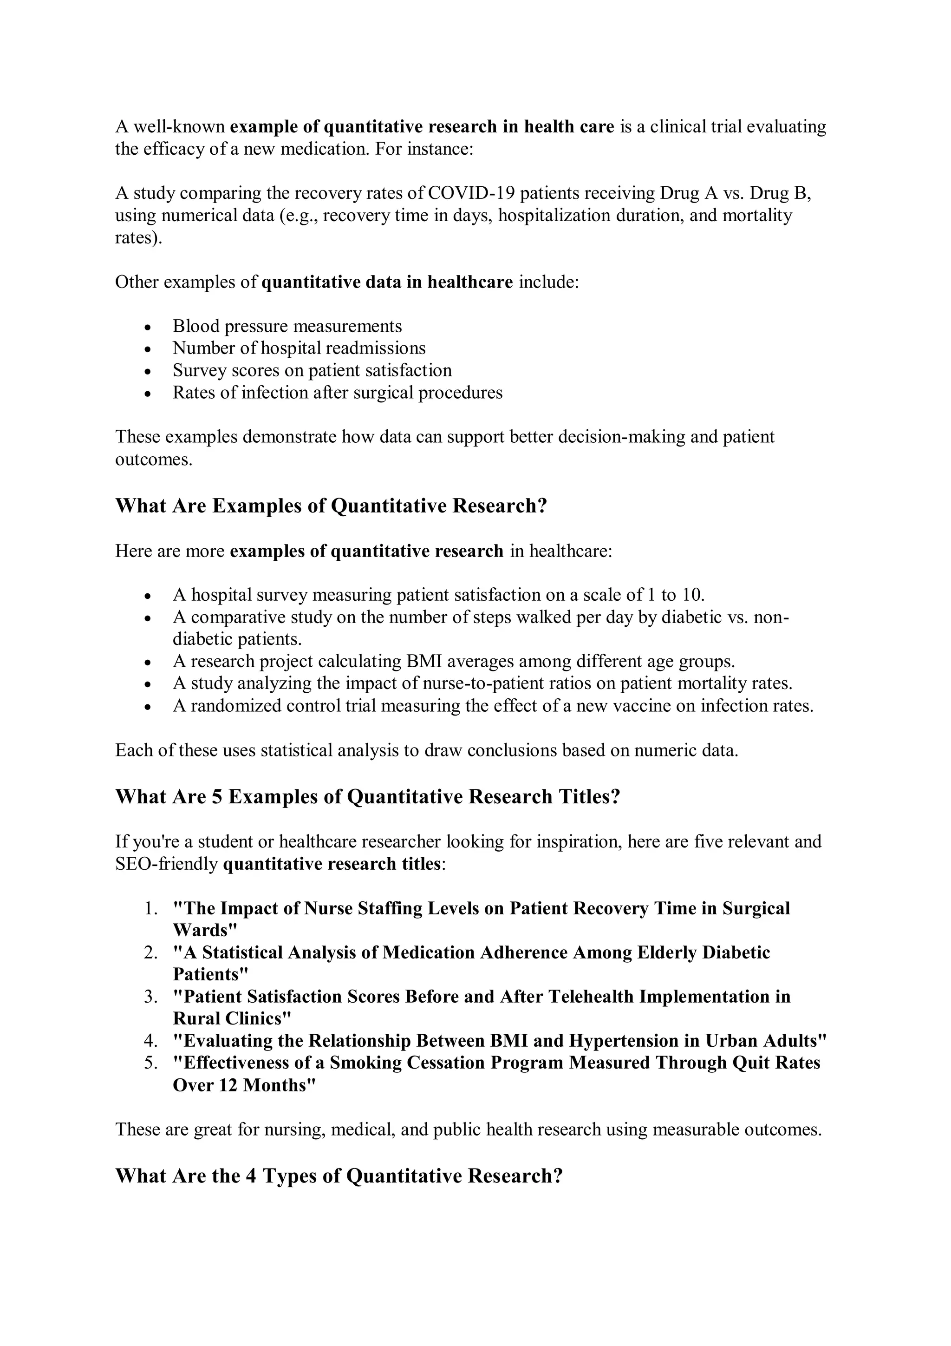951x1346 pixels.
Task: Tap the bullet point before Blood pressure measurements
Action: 148,327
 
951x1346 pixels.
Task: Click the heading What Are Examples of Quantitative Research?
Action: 331,506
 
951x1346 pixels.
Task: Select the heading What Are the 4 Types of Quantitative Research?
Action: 339,1175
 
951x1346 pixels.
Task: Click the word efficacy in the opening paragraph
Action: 167,149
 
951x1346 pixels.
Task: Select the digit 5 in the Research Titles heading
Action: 217,797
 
